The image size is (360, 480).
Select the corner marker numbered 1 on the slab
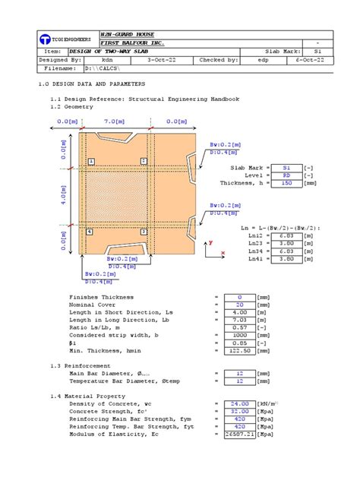click(x=90, y=162)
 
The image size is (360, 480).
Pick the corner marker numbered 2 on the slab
click(x=144, y=162)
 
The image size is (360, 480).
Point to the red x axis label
click(x=223, y=252)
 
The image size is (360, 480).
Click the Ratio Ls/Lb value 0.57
click(x=239, y=328)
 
